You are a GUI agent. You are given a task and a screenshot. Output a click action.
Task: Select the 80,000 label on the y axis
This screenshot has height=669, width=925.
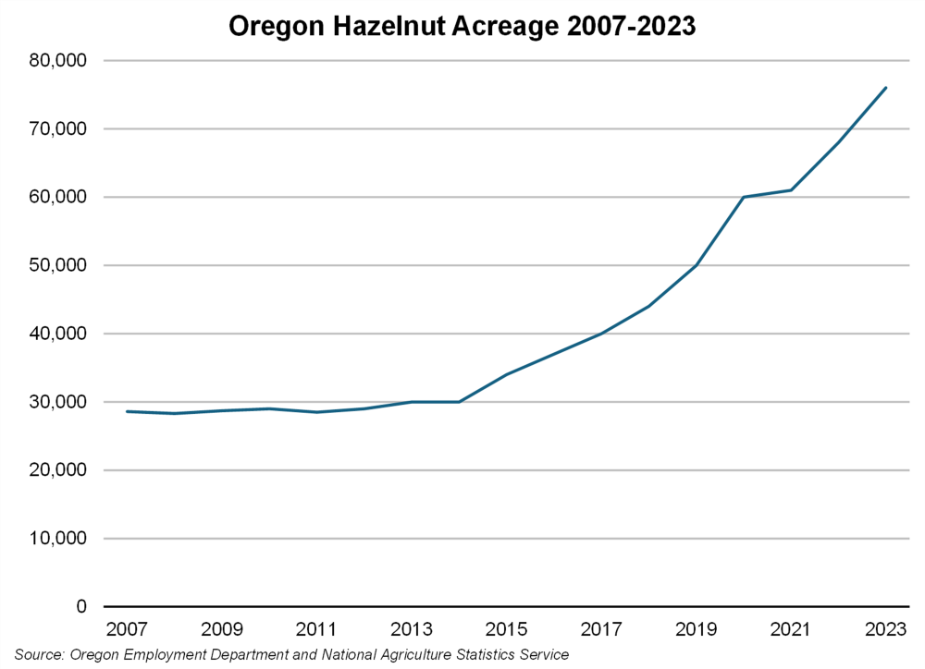tap(57, 61)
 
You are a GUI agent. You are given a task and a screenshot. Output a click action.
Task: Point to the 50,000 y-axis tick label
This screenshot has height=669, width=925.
tap(57, 265)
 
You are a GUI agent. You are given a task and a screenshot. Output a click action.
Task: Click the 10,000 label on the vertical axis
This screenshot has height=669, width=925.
tap(57, 539)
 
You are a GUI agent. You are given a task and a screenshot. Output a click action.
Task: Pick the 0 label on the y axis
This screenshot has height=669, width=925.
tap(80, 607)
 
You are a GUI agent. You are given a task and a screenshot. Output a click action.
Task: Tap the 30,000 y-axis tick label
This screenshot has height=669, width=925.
tap(57, 402)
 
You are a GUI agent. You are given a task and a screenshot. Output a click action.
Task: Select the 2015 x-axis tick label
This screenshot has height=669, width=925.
tap(506, 630)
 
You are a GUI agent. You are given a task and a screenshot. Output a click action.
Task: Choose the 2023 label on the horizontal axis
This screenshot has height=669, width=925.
tap(885, 630)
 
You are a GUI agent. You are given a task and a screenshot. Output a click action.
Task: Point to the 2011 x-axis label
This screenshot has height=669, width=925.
tap(316, 630)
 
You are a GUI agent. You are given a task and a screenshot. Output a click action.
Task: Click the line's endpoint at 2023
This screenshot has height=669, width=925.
tap(886, 88)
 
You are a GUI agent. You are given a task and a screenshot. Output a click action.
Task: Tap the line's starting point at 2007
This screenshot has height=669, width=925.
tap(127, 411)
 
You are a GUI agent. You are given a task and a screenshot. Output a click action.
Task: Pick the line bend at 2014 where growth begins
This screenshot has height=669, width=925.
tap(459, 402)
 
